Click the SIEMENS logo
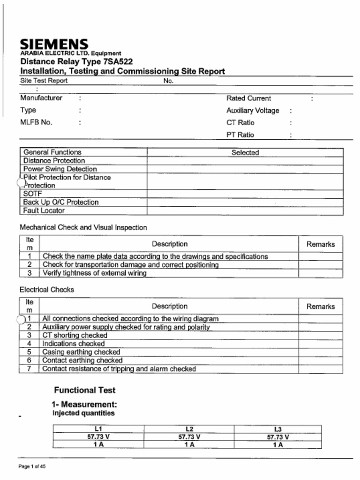click(54, 45)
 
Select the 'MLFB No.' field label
click(36, 123)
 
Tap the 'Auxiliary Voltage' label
click(253, 111)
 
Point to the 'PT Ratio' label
click(240, 135)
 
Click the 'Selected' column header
click(245, 152)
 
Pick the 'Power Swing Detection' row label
click(60, 169)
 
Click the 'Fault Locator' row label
click(44, 211)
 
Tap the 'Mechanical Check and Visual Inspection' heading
click(83, 228)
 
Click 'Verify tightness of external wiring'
click(94, 273)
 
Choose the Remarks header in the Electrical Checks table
click(321, 307)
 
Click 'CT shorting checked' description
click(75, 336)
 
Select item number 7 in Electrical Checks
click(29, 369)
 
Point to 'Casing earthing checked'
click(81, 352)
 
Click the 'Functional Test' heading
click(84, 390)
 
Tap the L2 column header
click(189, 429)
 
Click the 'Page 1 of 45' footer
click(32, 466)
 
